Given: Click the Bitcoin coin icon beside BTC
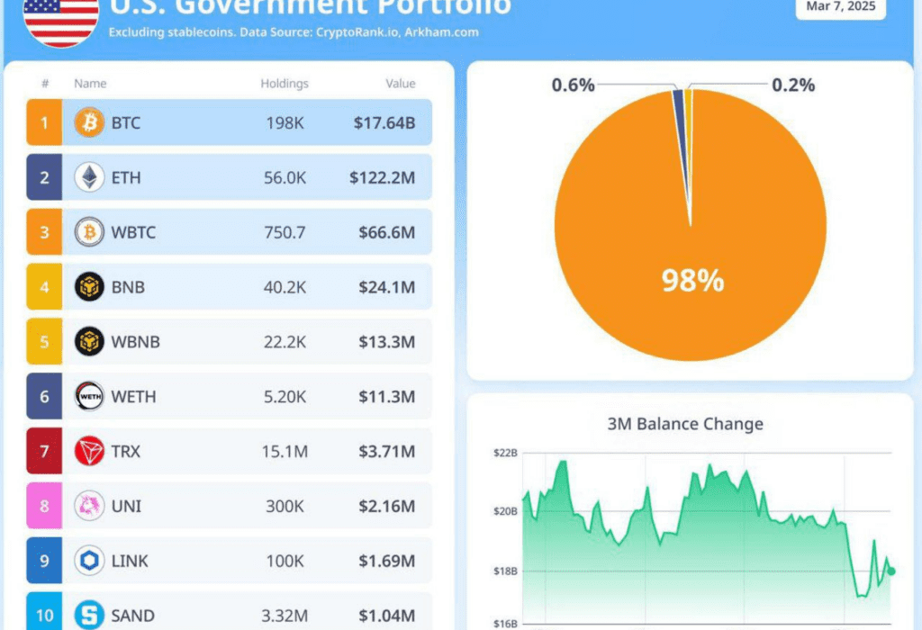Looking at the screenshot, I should [89, 122].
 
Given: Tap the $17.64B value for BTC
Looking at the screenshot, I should [384, 122].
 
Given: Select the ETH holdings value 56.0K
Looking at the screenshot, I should [285, 177].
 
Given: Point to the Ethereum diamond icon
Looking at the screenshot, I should [89, 177].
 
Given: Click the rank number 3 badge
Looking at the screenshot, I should [43, 232].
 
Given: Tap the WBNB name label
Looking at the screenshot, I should [136, 342].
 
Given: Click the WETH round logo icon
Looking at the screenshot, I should [89, 397].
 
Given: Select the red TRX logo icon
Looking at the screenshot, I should [89, 451].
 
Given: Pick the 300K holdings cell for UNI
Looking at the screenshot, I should [285, 506].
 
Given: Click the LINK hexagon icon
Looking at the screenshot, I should [89, 561].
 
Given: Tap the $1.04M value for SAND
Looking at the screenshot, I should [384, 616].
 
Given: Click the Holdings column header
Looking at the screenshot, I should [285, 84].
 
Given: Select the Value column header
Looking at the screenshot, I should [401, 84].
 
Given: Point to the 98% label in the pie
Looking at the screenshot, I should [692, 281].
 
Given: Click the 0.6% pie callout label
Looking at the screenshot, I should [574, 85].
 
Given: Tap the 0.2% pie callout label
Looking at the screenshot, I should [793, 85].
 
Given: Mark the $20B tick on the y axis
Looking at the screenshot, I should [505, 511].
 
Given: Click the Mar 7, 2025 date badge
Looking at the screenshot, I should [841, 6].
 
